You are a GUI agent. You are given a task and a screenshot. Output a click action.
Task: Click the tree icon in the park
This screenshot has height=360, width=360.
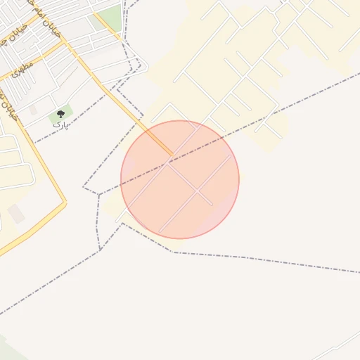click(x=60, y=114)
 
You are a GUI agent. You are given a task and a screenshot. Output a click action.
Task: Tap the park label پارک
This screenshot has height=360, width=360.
click(x=61, y=124)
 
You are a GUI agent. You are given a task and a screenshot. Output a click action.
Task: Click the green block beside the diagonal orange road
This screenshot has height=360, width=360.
click(x=110, y=18)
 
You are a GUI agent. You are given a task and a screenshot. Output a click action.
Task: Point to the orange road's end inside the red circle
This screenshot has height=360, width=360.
click(x=171, y=153)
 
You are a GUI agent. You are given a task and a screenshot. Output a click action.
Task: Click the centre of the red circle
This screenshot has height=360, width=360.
click(x=180, y=179)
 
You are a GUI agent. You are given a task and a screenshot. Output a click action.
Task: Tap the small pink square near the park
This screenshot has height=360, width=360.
click(x=32, y=110)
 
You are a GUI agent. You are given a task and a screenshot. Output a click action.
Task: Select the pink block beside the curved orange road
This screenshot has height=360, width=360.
click(x=16, y=214)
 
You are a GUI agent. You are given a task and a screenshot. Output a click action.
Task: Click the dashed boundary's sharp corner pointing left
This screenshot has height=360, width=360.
click(x=84, y=188)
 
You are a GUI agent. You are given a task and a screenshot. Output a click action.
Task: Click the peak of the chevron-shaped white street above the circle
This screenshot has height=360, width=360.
click(x=169, y=103)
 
